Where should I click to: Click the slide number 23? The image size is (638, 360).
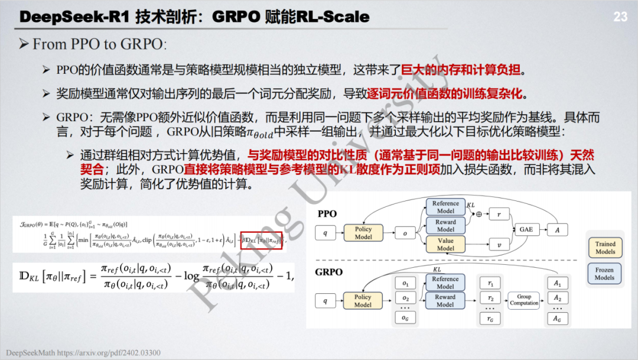620,17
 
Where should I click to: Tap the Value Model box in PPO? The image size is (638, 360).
445,244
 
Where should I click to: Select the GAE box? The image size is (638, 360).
526,229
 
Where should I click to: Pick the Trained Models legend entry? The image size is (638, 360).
605,247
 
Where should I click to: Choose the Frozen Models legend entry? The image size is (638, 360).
605,273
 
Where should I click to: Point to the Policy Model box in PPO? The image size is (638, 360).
363,233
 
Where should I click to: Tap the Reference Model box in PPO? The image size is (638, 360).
445,207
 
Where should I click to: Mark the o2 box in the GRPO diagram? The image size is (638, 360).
405,298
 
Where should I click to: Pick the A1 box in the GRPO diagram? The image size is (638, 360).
558,283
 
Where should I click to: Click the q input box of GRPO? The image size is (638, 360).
324,301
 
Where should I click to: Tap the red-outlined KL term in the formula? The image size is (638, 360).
262,240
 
